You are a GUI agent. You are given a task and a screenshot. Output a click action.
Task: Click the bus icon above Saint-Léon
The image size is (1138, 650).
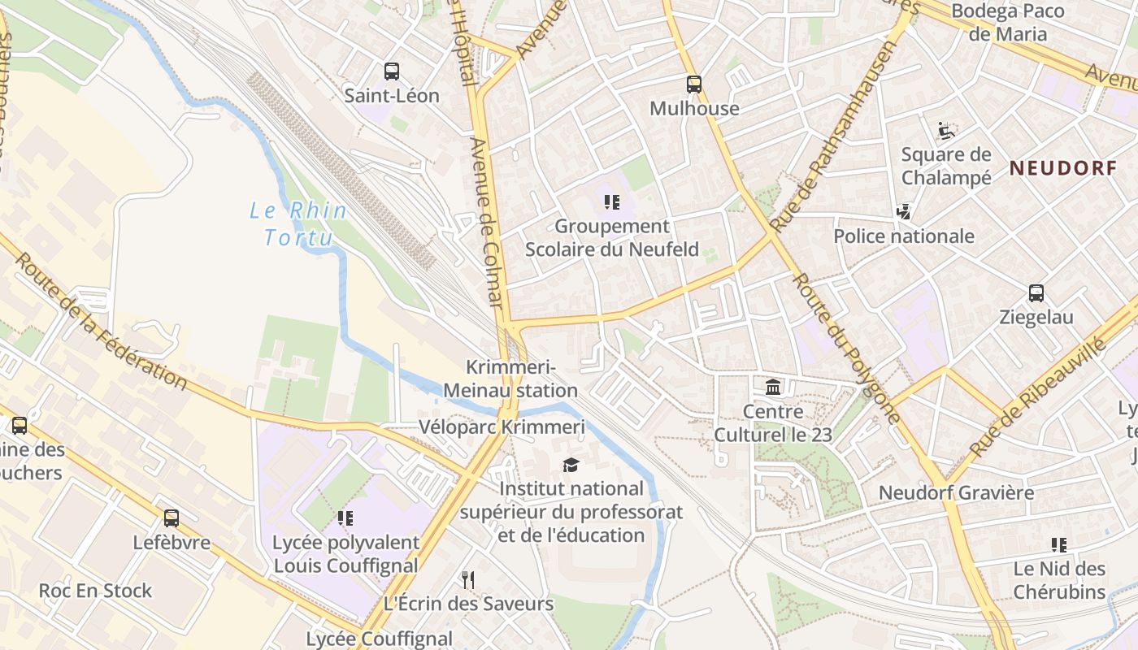[392, 71]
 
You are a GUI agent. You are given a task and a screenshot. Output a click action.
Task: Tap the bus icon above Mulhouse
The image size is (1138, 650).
[693, 84]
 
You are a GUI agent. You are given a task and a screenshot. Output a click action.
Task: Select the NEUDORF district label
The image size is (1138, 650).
[1062, 168]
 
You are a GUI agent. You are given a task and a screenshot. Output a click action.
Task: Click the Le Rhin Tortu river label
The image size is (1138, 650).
[298, 224]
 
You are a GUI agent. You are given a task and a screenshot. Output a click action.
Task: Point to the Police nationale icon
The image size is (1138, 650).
[903, 212]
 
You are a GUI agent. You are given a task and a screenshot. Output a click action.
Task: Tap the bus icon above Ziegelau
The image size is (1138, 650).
[1036, 293]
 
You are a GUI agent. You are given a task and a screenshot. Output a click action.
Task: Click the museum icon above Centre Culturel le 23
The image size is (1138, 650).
[773, 388]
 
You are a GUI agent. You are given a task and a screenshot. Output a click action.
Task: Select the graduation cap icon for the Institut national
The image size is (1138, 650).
[571, 465]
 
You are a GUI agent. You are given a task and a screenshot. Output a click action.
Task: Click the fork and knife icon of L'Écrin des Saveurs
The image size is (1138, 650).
[468, 579]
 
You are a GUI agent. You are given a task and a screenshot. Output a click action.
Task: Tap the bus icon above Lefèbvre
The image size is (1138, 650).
[172, 518]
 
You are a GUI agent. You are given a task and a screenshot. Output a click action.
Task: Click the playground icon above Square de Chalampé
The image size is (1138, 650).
[945, 130]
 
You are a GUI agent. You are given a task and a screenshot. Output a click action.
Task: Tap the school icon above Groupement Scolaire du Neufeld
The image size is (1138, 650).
[611, 201]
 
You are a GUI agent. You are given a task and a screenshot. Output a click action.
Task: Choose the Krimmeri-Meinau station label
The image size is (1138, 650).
[510, 379]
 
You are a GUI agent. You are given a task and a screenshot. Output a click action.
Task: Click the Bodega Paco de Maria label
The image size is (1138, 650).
[1008, 23]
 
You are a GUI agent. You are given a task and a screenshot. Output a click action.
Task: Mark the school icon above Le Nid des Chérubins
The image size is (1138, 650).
[1058, 544]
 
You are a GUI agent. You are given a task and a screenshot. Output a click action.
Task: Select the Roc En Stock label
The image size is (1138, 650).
[95, 591]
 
